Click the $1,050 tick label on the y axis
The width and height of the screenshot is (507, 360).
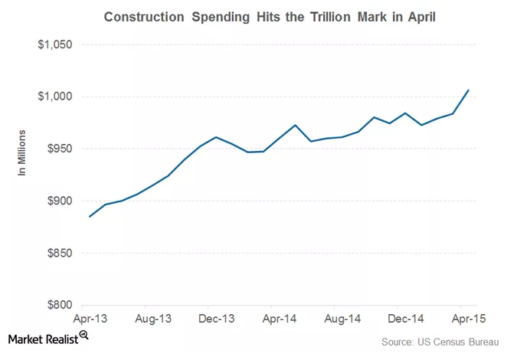coord(54,44)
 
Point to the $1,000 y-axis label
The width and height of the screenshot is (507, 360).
coord(54,97)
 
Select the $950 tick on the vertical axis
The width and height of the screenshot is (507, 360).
coord(58,149)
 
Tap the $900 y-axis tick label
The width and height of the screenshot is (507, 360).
coord(58,201)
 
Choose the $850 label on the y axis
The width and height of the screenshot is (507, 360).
coord(58,253)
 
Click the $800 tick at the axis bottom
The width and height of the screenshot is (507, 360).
coord(58,305)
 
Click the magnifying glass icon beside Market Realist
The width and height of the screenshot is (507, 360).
coord(83,335)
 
